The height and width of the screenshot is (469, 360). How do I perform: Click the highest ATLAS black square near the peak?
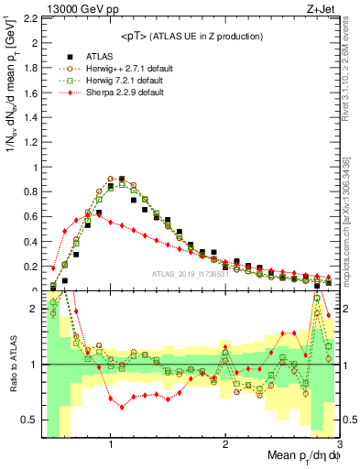pyautogui.click(x=122, y=180)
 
